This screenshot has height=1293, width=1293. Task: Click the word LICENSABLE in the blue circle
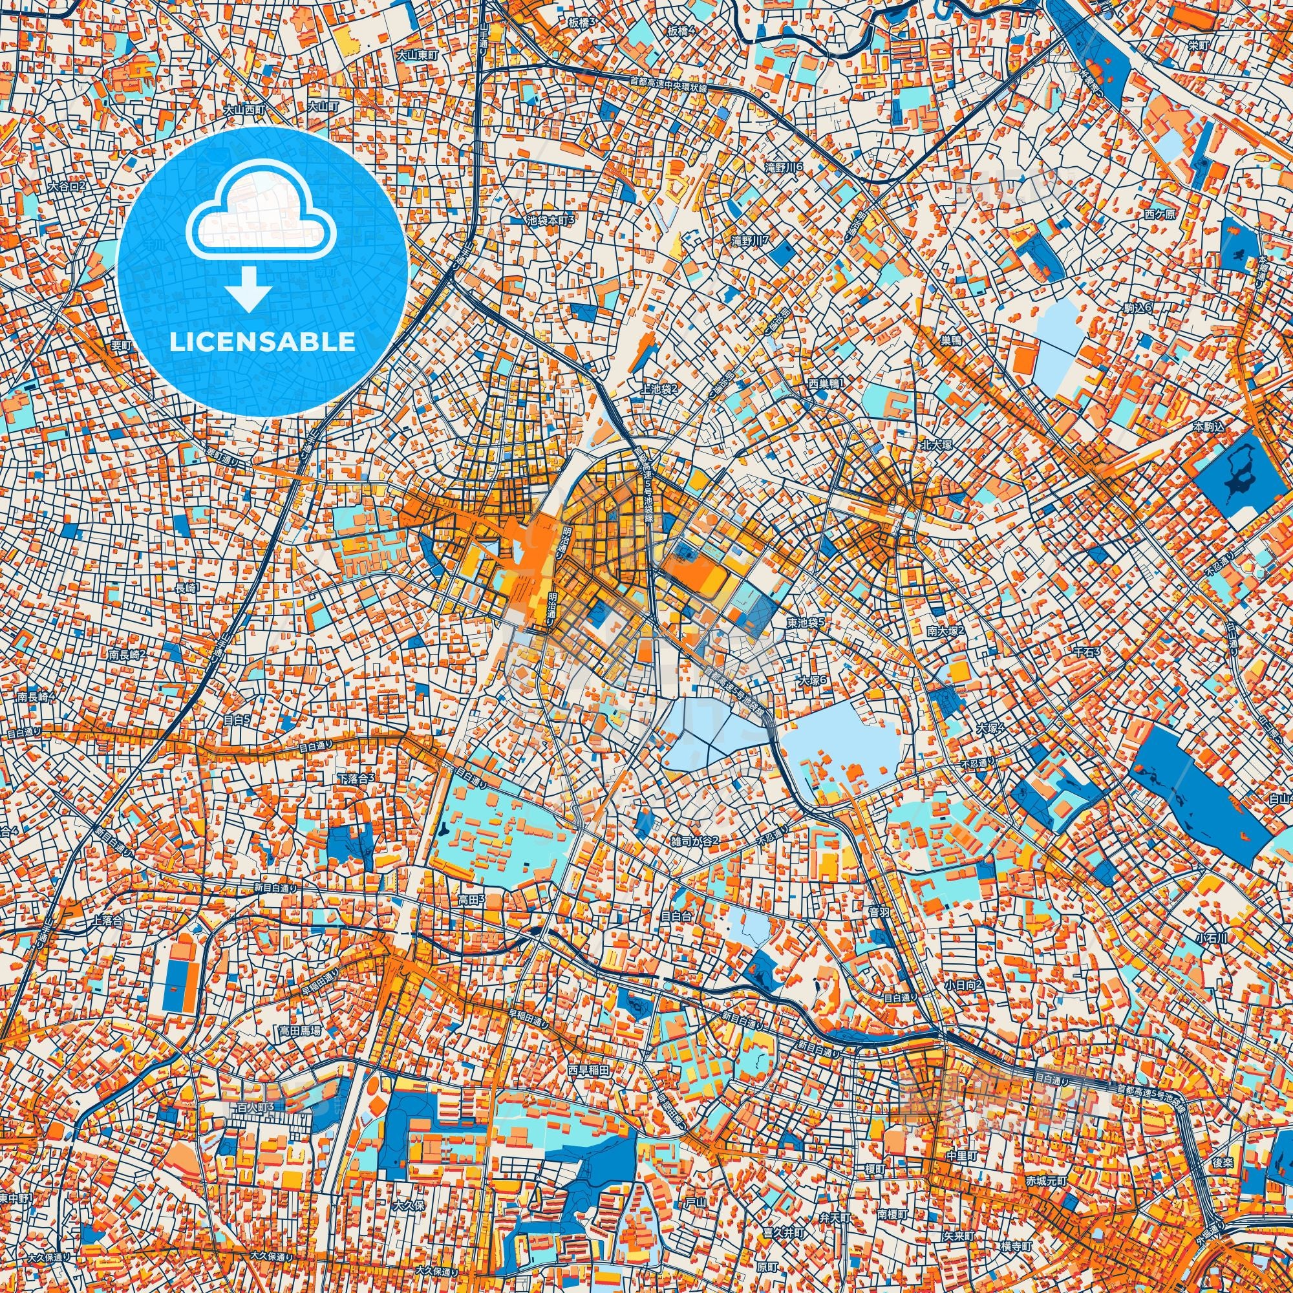262,342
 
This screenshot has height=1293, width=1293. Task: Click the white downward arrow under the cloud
248,288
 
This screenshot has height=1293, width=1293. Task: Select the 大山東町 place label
416,55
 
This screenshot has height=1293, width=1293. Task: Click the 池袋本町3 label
551,219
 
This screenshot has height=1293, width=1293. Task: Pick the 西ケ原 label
1159,214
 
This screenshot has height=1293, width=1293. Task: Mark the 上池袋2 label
659,388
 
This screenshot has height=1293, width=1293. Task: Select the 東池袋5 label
804,621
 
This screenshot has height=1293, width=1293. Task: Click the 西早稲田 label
588,1069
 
